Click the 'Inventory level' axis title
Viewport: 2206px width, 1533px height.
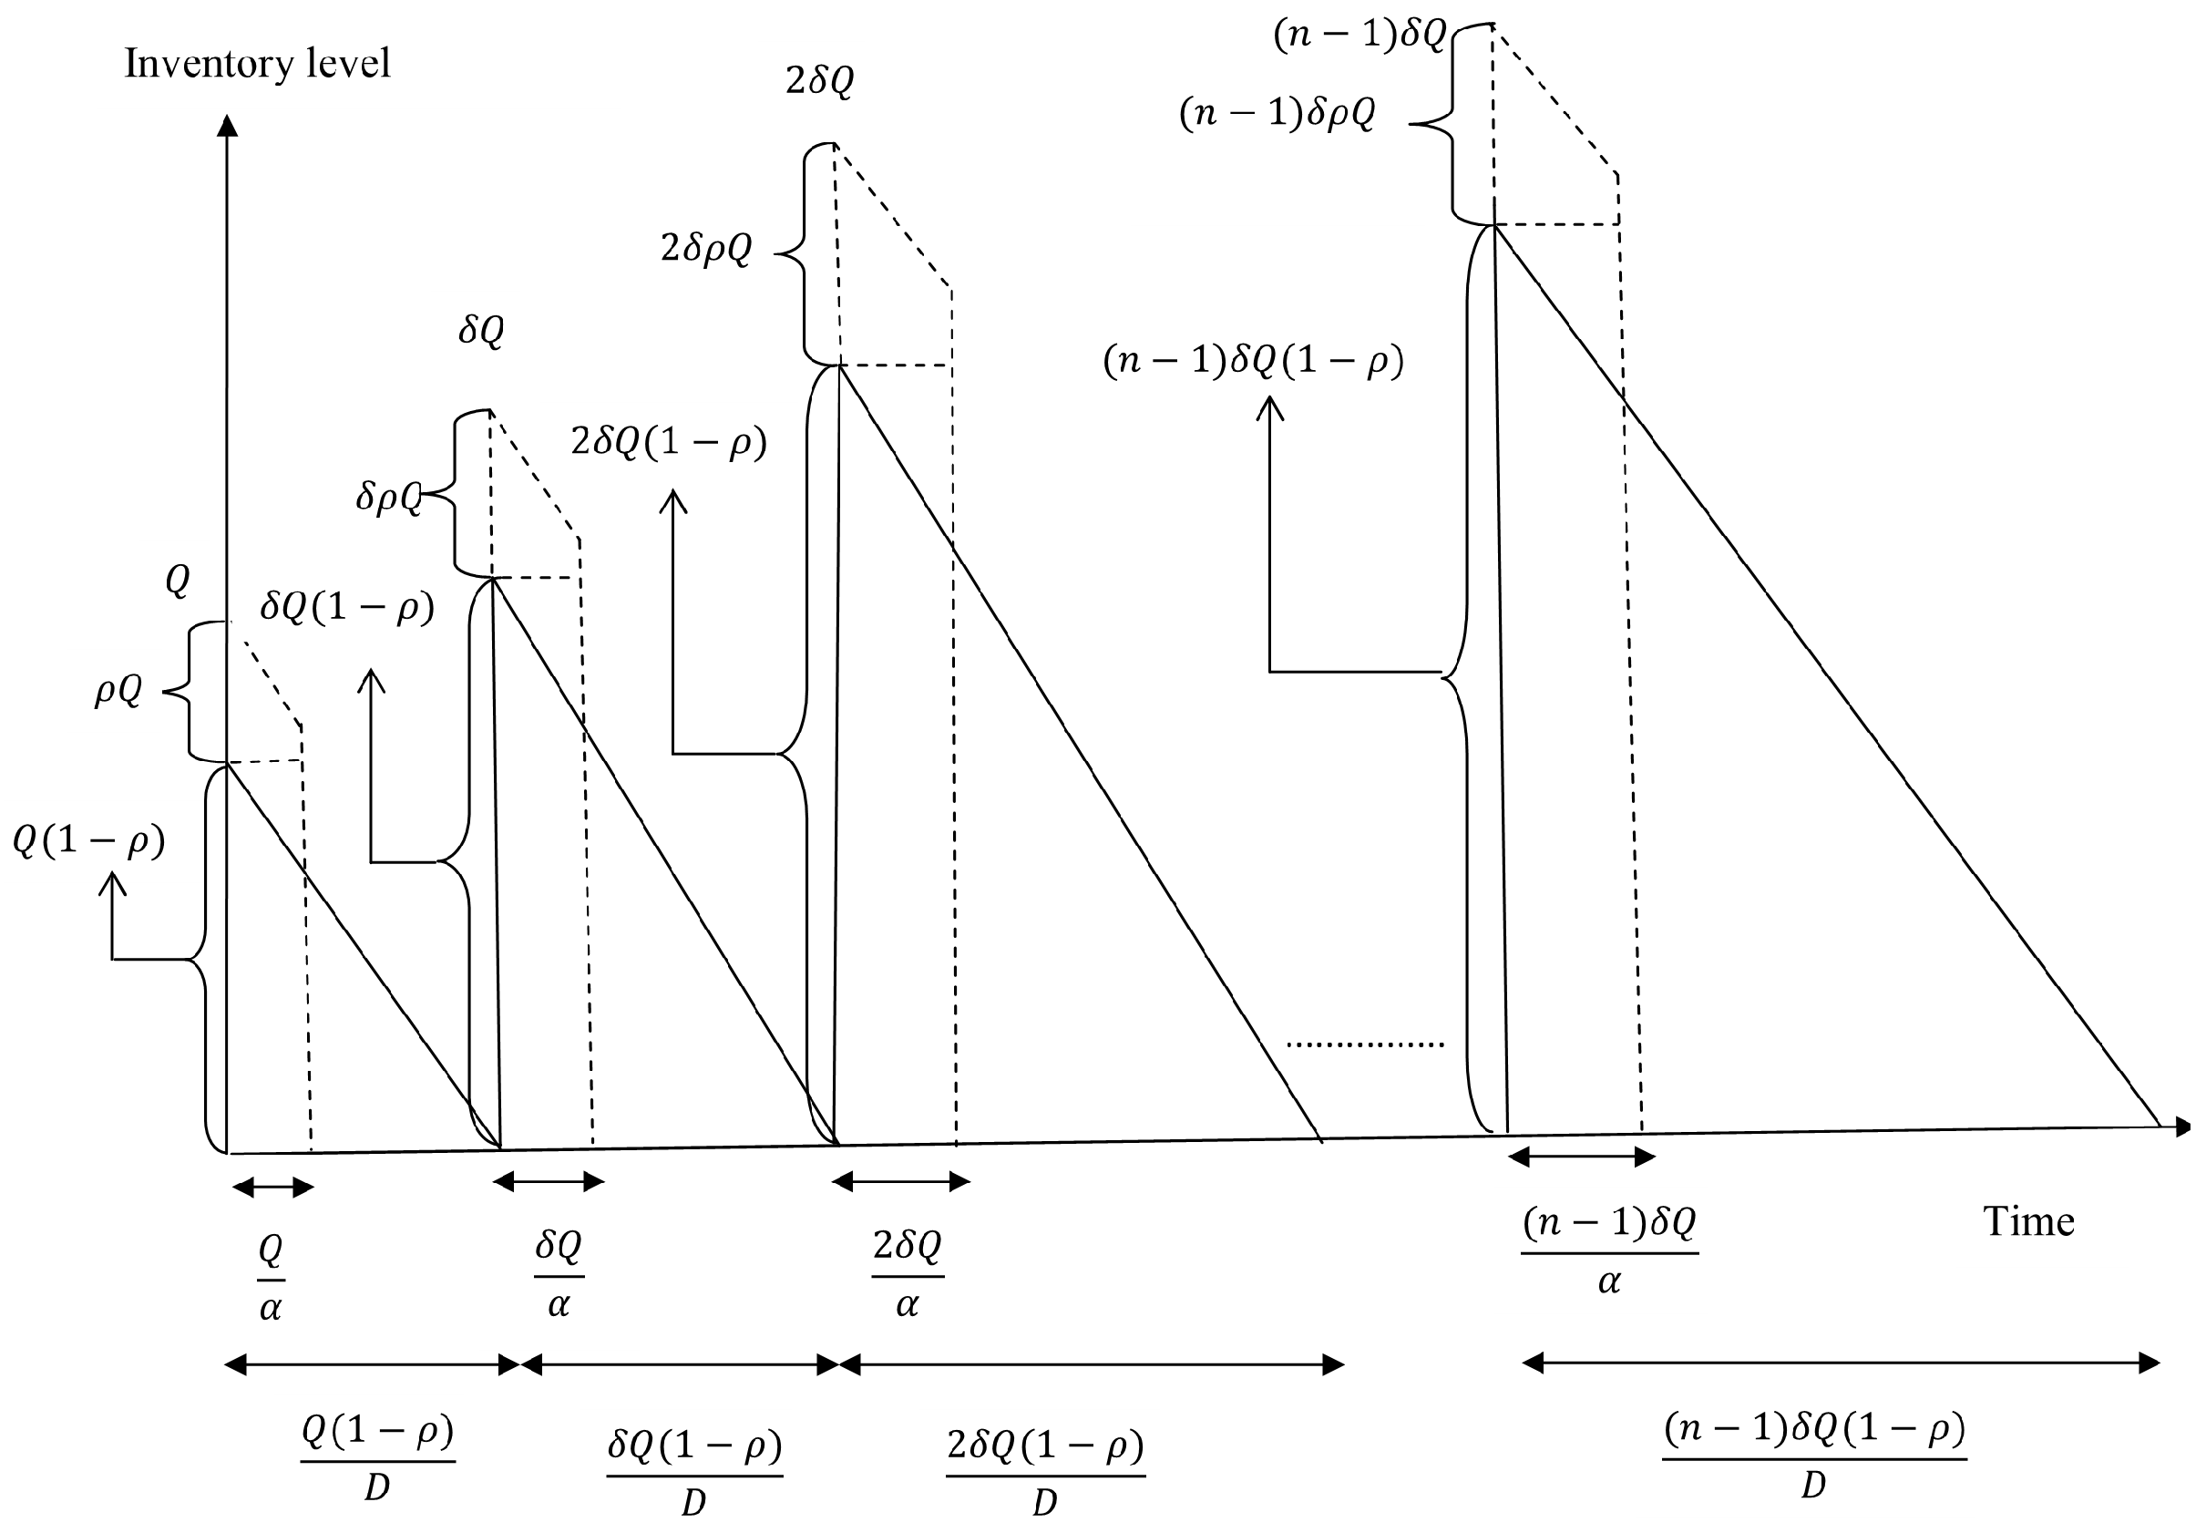click(x=257, y=65)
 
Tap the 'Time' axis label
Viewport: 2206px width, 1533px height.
click(x=2028, y=1222)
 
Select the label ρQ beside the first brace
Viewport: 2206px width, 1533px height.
click(x=118, y=691)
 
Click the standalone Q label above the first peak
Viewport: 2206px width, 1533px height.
click(x=178, y=581)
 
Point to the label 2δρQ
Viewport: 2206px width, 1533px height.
click(x=706, y=250)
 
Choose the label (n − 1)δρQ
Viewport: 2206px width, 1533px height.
click(x=1277, y=114)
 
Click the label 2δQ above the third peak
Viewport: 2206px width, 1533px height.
click(x=819, y=83)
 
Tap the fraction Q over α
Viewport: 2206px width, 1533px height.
click(x=271, y=1279)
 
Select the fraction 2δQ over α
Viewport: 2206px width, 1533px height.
click(x=908, y=1273)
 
